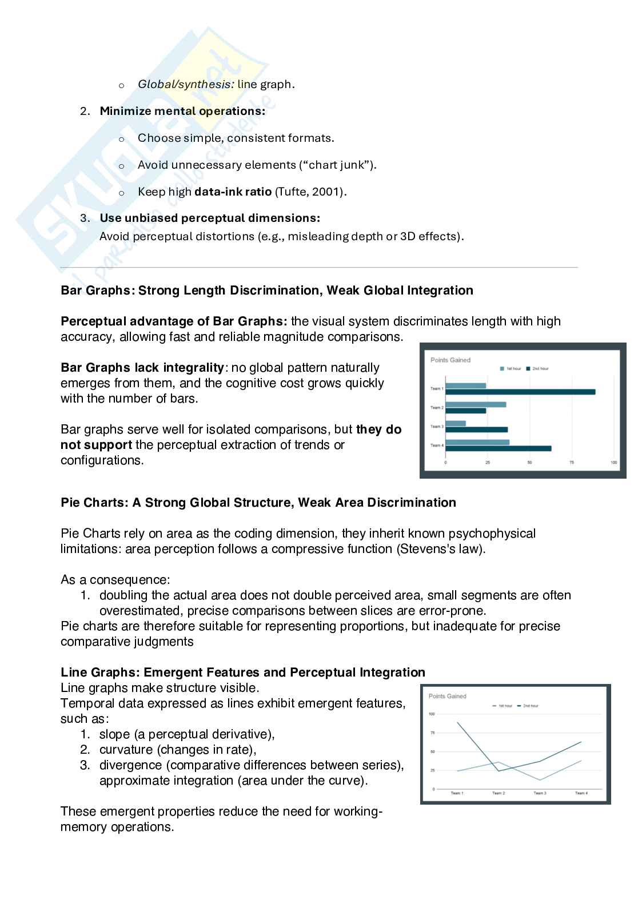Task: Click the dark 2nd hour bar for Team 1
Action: [x=520, y=392]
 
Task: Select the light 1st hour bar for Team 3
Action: [x=456, y=423]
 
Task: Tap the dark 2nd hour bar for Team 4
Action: [x=498, y=448]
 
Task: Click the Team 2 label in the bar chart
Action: [x=437, y=408]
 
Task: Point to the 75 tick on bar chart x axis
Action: [x=572, y=462]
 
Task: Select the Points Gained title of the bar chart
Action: [x=450, y=360]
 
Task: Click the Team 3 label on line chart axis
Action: [x=540, y=793]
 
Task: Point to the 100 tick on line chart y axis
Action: [x=432, y=714]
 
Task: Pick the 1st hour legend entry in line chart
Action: [x=503, y=706]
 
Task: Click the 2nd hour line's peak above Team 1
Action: [x=457, y=722]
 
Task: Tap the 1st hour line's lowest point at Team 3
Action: [x=540, y=780]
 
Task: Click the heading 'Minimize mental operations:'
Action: [x=182, y=111]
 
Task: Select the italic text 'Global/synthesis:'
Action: [x=186, y=84]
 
